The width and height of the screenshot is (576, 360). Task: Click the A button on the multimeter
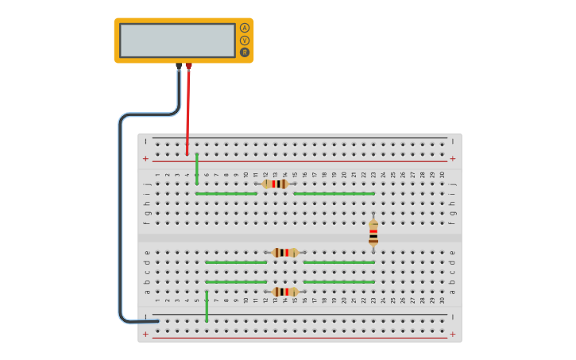point(245,28)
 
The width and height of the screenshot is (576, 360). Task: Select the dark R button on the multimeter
point(245,52)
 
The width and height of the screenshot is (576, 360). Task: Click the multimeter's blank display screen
point(177,40)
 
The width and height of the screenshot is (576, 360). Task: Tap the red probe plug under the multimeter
point(188,67)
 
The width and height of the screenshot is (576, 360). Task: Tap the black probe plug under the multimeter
point(179,67)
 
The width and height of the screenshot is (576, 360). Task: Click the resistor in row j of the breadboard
point(275,184)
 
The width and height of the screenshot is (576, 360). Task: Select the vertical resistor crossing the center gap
point(373,232)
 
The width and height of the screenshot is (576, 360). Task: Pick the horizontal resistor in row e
point(285,253)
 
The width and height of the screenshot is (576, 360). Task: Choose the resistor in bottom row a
point(285,292)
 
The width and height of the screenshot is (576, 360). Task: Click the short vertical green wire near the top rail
point(197,168)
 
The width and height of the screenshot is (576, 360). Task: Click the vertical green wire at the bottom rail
point(207,306)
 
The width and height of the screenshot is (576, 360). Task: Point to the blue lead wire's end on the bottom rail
point(155,321)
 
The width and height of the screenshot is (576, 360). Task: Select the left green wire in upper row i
point(226,193)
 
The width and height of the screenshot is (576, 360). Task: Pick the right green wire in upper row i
point(334,193)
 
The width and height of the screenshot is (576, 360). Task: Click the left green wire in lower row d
point(236,262)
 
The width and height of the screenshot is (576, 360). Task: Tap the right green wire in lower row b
point(338,281)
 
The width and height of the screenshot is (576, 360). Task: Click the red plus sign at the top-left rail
point(145,159)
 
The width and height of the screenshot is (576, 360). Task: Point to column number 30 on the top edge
point(443,175)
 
